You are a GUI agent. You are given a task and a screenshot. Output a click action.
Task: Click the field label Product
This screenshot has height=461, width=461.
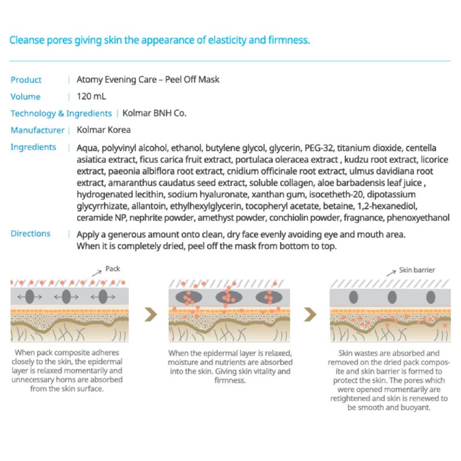pyautogui.click(x=26, y=80)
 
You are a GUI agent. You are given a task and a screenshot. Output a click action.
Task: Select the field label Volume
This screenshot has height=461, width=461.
pyautogui.click(x=25, y=97)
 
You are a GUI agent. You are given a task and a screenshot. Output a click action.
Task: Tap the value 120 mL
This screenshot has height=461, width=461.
pyautogui.click(x=91, y=97)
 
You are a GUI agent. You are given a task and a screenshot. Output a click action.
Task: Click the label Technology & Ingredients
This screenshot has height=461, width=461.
pyautogui.click(x=61, y=114)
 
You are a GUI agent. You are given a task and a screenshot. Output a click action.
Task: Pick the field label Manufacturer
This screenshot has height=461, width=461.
pyautogui.click(x=37, y=130)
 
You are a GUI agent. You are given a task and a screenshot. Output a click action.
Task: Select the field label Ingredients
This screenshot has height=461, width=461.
pyautogui.click(x=33, y=147)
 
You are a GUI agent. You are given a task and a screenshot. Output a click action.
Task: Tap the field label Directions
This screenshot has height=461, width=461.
pyautogui.click(x=31, y=233)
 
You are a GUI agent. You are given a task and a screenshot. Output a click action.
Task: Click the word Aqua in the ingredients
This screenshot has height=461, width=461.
pyautogui.click(x=88, y=148)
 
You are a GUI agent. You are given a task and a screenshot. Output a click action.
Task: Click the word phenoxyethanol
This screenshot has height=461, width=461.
pyautogui.click(x=420, y=218)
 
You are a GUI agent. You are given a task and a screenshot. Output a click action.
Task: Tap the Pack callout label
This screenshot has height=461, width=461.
pyautogui.click(x=112, y=269)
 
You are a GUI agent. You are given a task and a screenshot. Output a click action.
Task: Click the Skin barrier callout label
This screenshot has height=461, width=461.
pyautogui.click(x=417, y=270)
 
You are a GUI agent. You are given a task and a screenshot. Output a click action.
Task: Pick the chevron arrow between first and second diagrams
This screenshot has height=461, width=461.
pyautogui.click(x=151, y=314)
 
